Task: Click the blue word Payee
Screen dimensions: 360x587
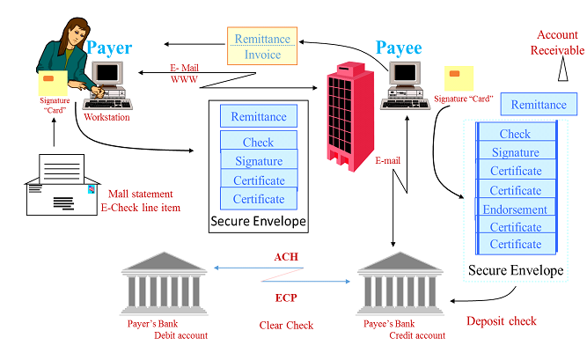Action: pos(399,48)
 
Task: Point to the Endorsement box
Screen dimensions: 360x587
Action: pos(516,209)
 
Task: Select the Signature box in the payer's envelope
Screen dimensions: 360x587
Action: pos(259,161)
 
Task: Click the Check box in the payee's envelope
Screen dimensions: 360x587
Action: pos(516,134)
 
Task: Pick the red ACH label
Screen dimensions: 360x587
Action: pos(287,257)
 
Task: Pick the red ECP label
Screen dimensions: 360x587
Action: pos(286,298)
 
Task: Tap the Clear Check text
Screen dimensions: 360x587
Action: pos(286,325)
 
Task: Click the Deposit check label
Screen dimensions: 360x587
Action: pos(502,320)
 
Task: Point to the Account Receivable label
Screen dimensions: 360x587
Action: pos(556,42)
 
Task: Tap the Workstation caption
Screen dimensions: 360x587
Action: pos(106,117)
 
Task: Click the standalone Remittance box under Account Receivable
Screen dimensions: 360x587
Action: pos(539,105)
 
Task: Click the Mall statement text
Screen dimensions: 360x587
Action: pos(141,194)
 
